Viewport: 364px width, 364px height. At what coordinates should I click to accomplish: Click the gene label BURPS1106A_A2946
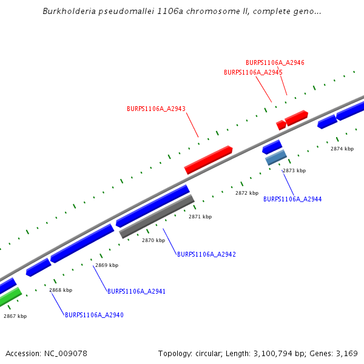click(275, 62)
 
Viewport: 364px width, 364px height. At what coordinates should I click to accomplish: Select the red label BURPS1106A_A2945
click(253, 72)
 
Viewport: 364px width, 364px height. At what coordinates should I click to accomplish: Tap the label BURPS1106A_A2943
click(156, 109)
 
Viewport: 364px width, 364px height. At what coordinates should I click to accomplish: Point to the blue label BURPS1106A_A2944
click(292, 199)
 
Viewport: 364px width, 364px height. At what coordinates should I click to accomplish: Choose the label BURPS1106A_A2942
click(206, 254)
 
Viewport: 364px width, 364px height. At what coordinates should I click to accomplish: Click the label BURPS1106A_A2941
click(136, 292)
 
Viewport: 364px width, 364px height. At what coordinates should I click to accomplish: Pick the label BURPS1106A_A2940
click(94, 315)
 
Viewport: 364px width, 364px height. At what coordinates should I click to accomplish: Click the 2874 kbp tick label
click(342, 149)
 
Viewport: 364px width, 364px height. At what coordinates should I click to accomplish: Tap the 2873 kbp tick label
click(294, 171)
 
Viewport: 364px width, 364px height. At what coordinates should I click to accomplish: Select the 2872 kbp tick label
click(247, 193)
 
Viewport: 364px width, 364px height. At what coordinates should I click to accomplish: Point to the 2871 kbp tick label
click(200, 217)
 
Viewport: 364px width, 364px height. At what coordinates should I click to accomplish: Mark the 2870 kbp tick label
click(153, 240)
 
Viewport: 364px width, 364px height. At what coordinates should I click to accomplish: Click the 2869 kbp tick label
click(107, 265)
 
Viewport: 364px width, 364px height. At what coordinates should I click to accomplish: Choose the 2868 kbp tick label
click(61, 290)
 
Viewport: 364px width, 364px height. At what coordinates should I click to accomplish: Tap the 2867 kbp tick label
click(15, 316)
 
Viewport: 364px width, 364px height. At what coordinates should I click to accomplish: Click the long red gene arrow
click(209, 160)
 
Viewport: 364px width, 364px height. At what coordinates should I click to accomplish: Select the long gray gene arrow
click(157, 217)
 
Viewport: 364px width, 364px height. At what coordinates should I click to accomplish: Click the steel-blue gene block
click(276, 158)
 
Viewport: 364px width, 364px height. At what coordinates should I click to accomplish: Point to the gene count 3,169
click(346, 353)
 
